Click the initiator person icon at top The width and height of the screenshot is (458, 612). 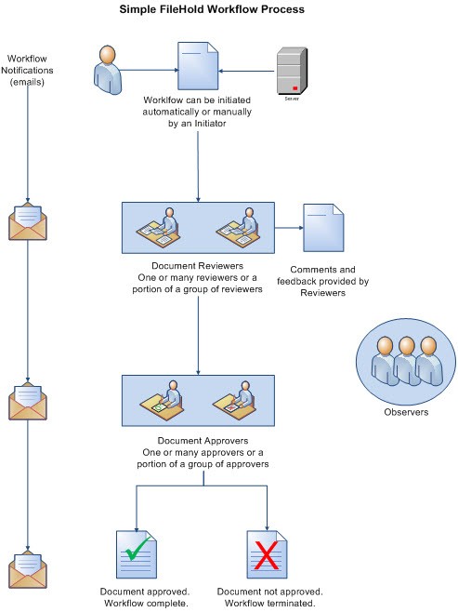(108, 66)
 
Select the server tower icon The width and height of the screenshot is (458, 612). (293, 69)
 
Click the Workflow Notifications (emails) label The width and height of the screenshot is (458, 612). (30, 70)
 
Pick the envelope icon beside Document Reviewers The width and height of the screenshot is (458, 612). (28, 224)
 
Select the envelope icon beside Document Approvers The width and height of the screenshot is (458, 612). (28, 401)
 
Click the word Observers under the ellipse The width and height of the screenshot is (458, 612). (406, 412)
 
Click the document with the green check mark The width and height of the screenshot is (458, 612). (136, 556)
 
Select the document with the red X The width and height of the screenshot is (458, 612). (267, 556)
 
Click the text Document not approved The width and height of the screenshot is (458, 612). (268, 592)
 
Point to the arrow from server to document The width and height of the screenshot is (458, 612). (247, 69)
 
